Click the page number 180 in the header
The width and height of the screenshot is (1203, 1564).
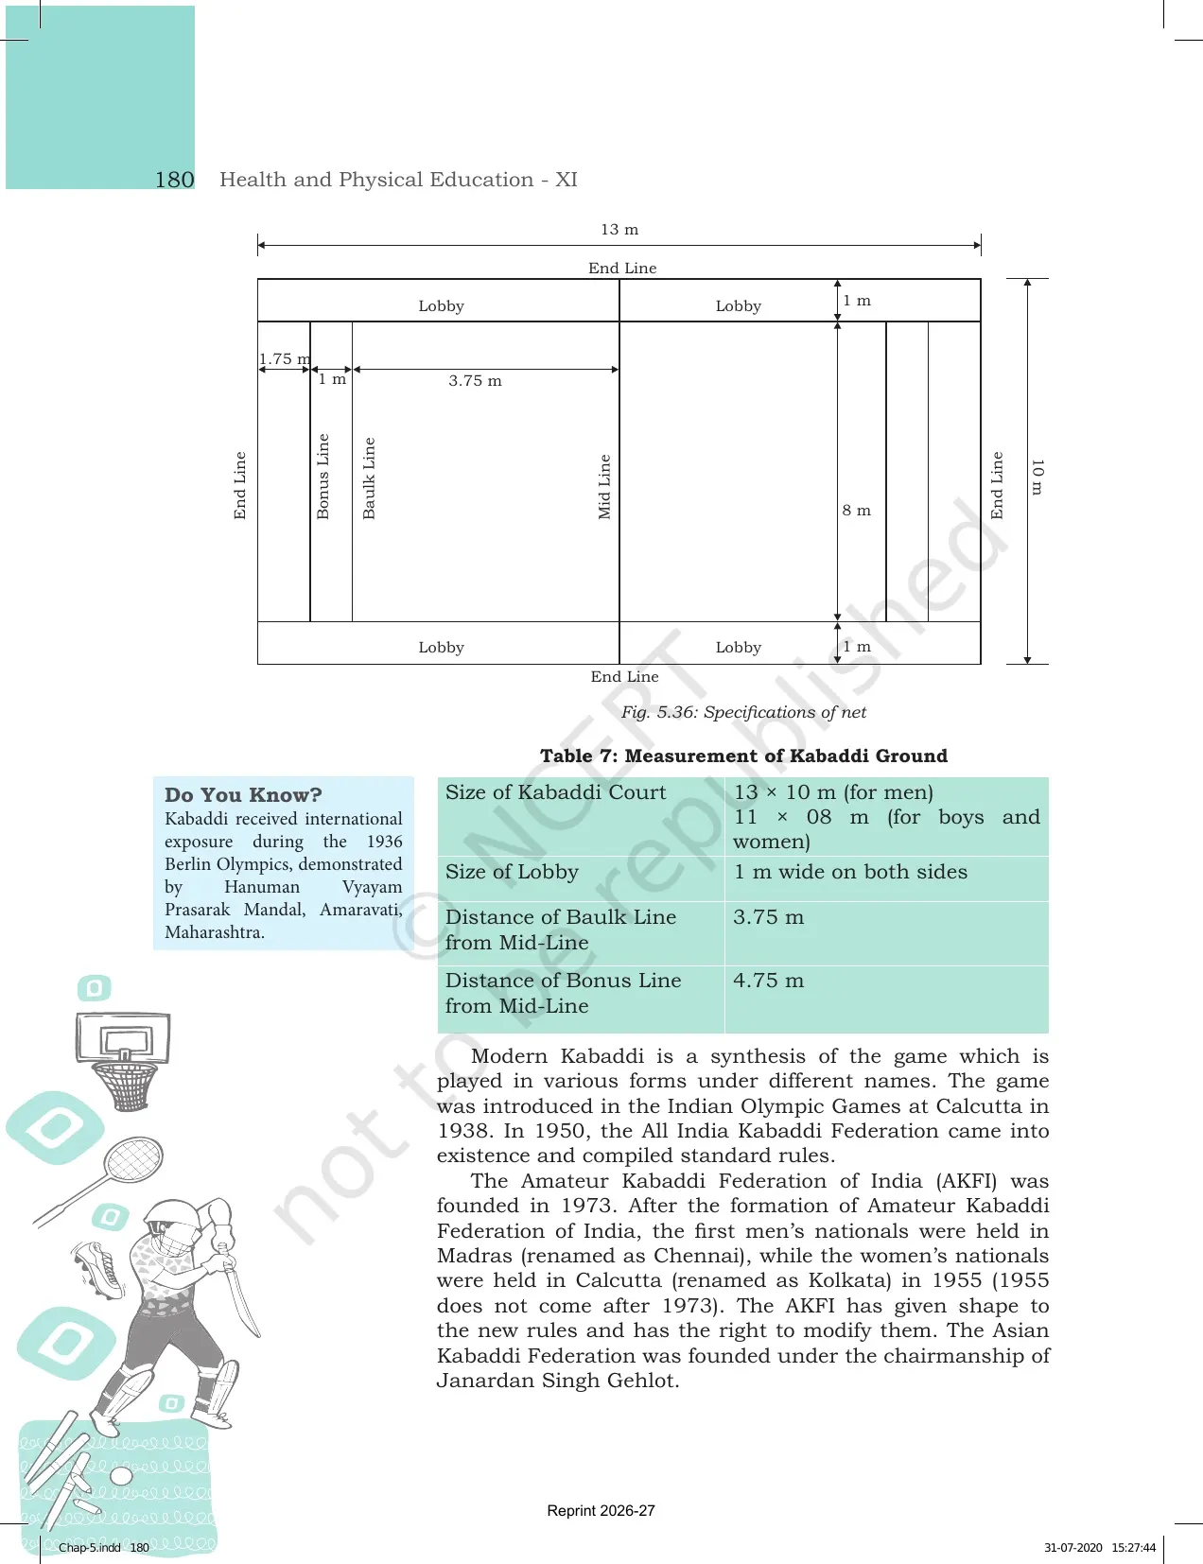click(174, 180)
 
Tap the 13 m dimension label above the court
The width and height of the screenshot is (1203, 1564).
click(619, 229)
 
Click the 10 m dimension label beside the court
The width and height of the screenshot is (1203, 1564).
click(1037, 477)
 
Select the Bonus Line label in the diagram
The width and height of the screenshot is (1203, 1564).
click(323, 476)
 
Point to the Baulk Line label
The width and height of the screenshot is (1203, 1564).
click(369, 478)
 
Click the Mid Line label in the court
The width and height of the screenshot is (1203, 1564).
click(604, 487)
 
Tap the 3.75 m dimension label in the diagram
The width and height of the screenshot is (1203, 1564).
click(475, 381)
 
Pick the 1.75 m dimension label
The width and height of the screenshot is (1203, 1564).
click(285, 358)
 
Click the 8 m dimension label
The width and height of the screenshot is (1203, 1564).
click(857, 511)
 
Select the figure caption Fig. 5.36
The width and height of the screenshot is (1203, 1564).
click(743, 712)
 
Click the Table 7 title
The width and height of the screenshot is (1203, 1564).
click(743, 756)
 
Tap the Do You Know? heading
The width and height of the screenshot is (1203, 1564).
click(243, 794)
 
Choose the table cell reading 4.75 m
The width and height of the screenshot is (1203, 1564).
click(768, 981)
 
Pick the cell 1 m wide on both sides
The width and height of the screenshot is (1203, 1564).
click(850, 872)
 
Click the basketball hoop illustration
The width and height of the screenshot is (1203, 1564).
click(123, 1060)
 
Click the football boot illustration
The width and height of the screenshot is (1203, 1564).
click(99, 1270)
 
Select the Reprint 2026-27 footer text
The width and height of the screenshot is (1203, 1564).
click(601, 1511)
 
